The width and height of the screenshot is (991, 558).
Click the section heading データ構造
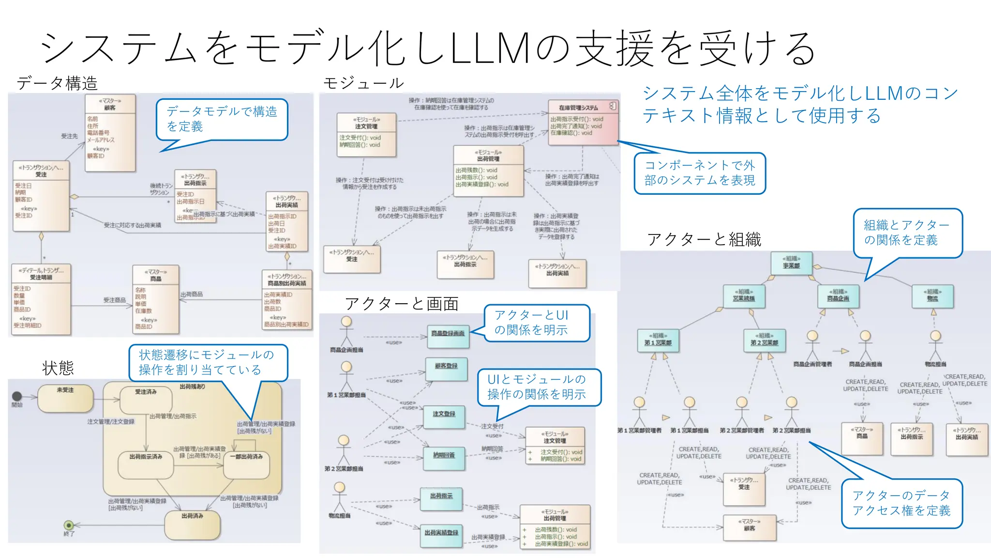pos(57,83)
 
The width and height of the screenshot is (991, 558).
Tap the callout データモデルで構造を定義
pos(222,119)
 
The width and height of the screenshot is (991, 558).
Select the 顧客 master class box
pos(110,132)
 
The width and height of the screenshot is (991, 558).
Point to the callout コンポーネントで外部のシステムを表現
pos(700,173)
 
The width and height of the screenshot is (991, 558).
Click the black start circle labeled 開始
pos(17,397)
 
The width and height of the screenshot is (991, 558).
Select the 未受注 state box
pos(65,398)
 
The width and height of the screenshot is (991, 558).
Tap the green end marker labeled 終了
pos(69,526)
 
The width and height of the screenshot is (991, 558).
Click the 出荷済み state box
pos(192,525)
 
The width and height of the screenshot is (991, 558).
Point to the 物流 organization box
pos(932,296)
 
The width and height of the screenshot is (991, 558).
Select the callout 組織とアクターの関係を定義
pos(907,232)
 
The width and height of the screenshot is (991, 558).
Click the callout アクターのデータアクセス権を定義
pos(901,503)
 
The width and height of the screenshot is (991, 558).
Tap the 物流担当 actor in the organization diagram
pos(935,344)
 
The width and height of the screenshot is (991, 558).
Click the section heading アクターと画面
pos(402,304)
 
